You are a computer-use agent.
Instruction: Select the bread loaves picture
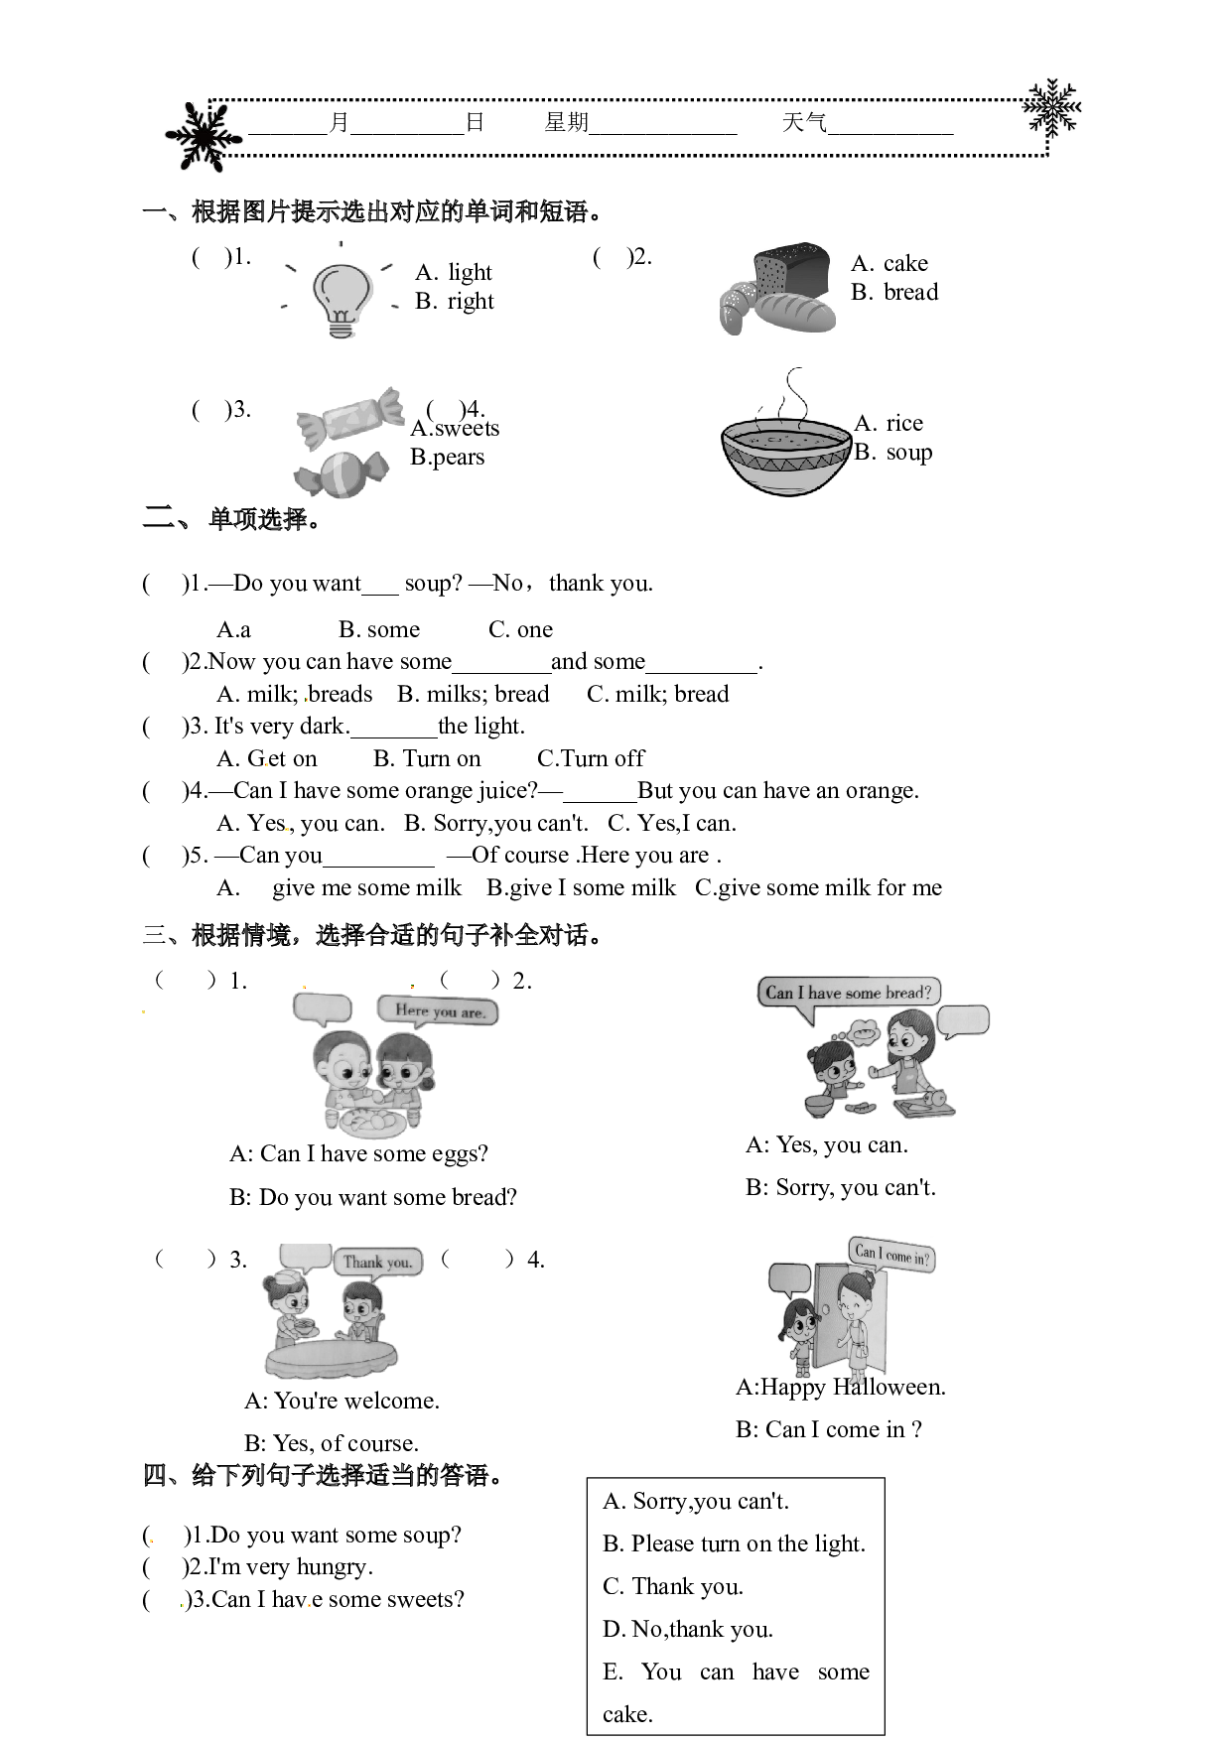pyautogui.click(x=775, y=288)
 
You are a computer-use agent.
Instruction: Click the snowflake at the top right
pyautogui.click(x=1052, y=106)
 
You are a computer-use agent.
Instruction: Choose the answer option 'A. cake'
pyautogui.click(x=889, y=263)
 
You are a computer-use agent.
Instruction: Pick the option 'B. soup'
pyautogui.click(x=893, y=452)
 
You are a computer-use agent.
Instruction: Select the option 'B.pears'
pyautogui.click(x=448, y=458)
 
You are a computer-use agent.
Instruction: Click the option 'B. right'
pyautogui.click(x=455, y=301)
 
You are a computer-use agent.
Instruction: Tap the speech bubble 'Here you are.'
pyautogui.click(x=438, y=1011)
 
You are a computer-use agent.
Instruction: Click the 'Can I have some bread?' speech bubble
pyautogui.click(x=849, y=994)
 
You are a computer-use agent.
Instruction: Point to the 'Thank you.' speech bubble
pyautogui.click(x=378, y=1262)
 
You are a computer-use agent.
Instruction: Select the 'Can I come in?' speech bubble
pyautogui.click(x=891, y=1255)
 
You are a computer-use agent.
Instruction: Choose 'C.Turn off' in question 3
pyautogui.click(x=591, y=758)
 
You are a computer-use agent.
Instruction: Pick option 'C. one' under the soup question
pyautogui.click(x=520, y=629)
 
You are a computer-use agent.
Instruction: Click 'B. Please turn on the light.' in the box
pyautogui.click(x=735, y=1543)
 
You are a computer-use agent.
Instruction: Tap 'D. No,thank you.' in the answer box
pyautogui.click(x=688, y=1629)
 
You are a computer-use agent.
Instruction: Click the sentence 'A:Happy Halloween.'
pyautogui.click(x=841, y=1387)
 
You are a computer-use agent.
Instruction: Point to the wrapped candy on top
pyautogui.click(x=349, y=420)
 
